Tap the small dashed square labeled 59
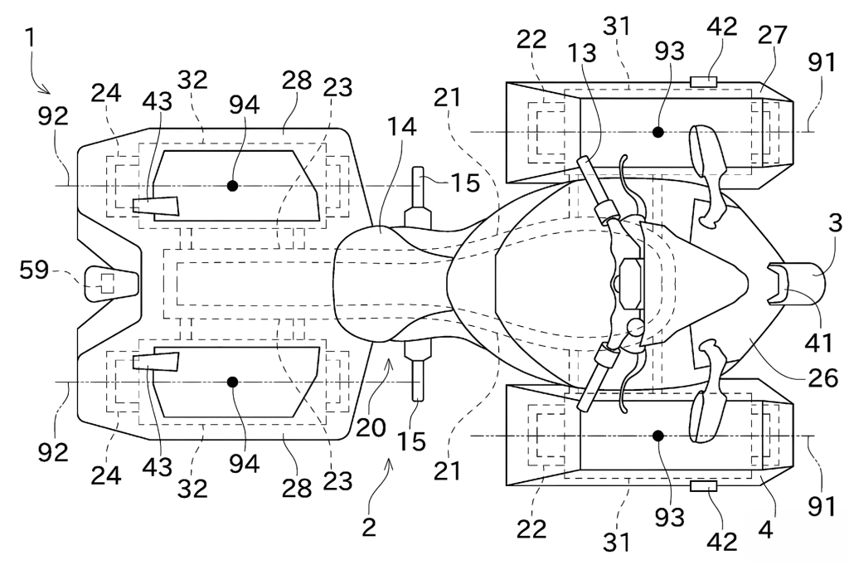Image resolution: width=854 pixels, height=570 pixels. pyautogui.click(x=104, y=283)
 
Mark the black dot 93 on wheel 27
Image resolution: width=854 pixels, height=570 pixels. pyautogui.click(x=658, y=131)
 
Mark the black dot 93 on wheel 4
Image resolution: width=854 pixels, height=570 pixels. pyautogui.click(x=658, y=436)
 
